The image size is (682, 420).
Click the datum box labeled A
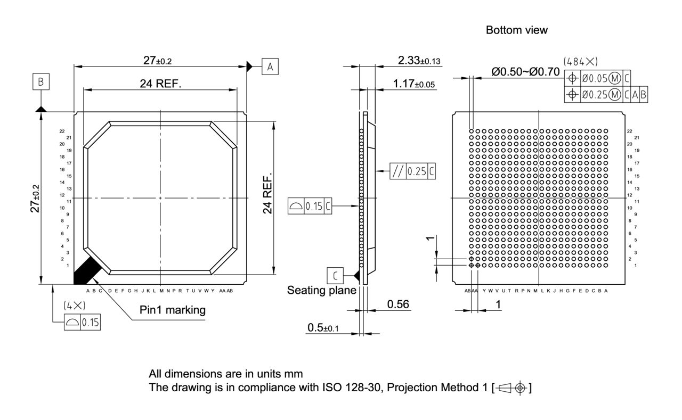pyautogui.click(x=270, y=67)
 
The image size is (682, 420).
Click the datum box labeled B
pyautogui.click(x=40, y=83)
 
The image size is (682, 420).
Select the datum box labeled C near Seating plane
pyautogui.click(x=335, y=275)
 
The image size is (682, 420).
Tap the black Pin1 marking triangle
pyautogui.click(x=85, y=270)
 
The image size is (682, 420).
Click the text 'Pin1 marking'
pyautogui.click(x=172, y=310)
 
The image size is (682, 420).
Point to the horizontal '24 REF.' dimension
pyautogui.click(x=160, y=83)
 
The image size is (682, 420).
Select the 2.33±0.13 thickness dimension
pyautogui.click(x=419, y=61)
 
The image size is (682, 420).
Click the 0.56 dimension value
pyautogui.click(x=398, y=304)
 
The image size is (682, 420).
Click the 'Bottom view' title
pyautogui.click(x=516, y=30)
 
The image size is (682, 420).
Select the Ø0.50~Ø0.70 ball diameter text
pyautogui.click(x=525, y=71)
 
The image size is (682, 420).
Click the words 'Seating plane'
pyautogui.click(x=321, y=291)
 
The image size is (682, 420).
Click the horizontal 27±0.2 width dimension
pyautogui.click(x=157, y=61)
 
